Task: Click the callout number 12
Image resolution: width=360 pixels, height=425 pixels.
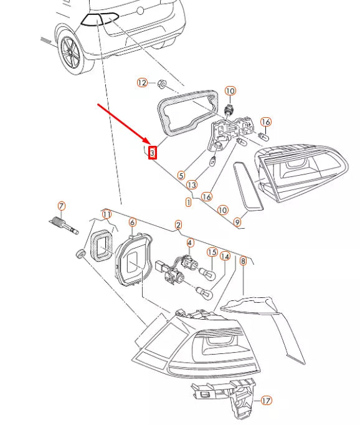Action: (142, 82)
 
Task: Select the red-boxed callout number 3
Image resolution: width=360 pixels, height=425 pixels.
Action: (153, 153)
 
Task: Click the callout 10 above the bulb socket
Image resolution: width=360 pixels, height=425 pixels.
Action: (230, 91)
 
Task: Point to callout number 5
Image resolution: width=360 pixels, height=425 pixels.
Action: (181, 175)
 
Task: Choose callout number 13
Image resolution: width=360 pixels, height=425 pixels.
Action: (192, 185)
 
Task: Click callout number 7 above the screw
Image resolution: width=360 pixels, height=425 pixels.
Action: (62, 206)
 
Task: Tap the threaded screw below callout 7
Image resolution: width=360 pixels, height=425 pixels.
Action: (64, 226)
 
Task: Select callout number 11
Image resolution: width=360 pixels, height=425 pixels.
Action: (107, 214)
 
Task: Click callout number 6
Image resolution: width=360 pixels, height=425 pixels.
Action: (132, 222)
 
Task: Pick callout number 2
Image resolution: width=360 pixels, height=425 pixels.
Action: (178, 225)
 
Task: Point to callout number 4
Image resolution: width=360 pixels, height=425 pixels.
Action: (190, 242)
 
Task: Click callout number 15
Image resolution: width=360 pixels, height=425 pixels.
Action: (212, 252)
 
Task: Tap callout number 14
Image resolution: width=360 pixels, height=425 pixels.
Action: (225, 256)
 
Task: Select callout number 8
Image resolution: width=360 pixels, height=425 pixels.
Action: (244, 261)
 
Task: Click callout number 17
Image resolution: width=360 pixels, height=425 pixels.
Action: (267, 400)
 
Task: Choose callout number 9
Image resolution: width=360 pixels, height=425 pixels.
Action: (237, 222)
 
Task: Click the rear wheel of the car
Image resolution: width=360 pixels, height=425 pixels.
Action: (71, 52)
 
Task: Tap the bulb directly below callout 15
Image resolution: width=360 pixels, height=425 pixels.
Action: (207, 274)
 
